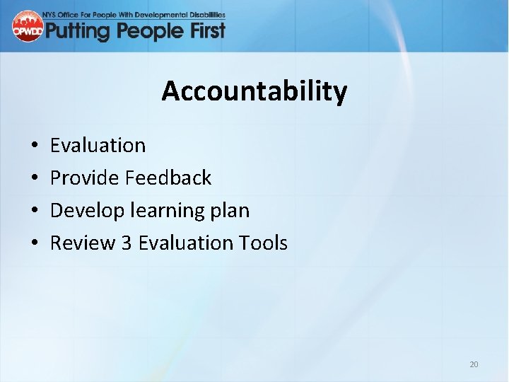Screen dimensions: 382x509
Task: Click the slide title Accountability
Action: pyautogui.click(x=254, y=91)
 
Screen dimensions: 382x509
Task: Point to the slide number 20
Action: pyautogui.click(x=474, y=364)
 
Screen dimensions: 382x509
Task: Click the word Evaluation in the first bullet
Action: pyautogui.click(x=98, y=145)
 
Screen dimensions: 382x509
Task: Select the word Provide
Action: pyautogui.click(x=84, y=178)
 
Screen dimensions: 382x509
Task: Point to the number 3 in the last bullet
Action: pyautogui.click(x=127, y=243)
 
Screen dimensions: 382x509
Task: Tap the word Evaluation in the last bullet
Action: pyautogui.click(x=185, y=243)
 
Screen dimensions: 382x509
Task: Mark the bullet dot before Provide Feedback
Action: pyautogui.click(x=35, y=178)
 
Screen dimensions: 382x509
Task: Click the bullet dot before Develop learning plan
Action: pyautogui.click(x=35, y=211)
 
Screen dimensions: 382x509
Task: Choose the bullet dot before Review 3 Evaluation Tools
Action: pyautogui.click(x=35, y=243)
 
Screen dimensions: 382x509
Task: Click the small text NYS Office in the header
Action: pyautogui.click(x=71, y=14)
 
